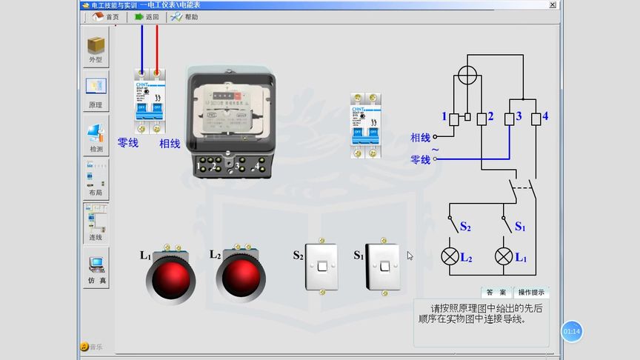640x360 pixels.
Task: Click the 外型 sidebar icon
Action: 96,48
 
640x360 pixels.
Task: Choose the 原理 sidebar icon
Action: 96,92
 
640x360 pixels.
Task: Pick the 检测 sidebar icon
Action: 96,137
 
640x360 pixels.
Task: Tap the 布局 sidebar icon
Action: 96,181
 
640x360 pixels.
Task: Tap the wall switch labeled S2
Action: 321,267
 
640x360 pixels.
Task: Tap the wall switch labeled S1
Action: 383,267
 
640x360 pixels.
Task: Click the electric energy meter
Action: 227,122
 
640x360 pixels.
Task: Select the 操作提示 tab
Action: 531,293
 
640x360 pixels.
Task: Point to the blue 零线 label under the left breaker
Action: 128,143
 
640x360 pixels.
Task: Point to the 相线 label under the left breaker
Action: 170,144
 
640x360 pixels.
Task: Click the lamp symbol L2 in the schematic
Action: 449,256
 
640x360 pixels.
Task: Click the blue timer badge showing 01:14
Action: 572,331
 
